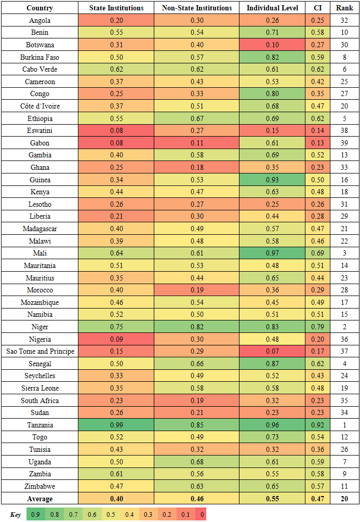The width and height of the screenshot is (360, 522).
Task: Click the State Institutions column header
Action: click(x=116, y=8)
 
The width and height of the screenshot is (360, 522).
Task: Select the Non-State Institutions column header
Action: click(x=197, y=8)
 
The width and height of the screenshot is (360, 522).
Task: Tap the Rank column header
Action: click(x=344, y=8)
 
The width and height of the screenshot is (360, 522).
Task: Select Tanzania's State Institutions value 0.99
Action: click(x=116, y=425)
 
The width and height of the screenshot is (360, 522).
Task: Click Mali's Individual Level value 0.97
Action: click(x=272, y=253)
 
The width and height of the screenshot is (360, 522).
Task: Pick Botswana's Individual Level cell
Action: click(x=272, y=45)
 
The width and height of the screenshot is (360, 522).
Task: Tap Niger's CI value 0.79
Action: click(x=317, y=327)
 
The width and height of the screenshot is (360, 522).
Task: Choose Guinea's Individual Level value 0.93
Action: click(x=272, y=180)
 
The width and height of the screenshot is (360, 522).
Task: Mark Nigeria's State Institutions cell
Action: click(x=116, y=339)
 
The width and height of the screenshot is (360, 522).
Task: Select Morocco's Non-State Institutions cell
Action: click(x=197, y=290)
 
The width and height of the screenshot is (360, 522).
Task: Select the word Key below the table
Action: click(x=16, y=514)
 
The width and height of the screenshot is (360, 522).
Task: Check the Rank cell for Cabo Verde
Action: click(x=344, y=70)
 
